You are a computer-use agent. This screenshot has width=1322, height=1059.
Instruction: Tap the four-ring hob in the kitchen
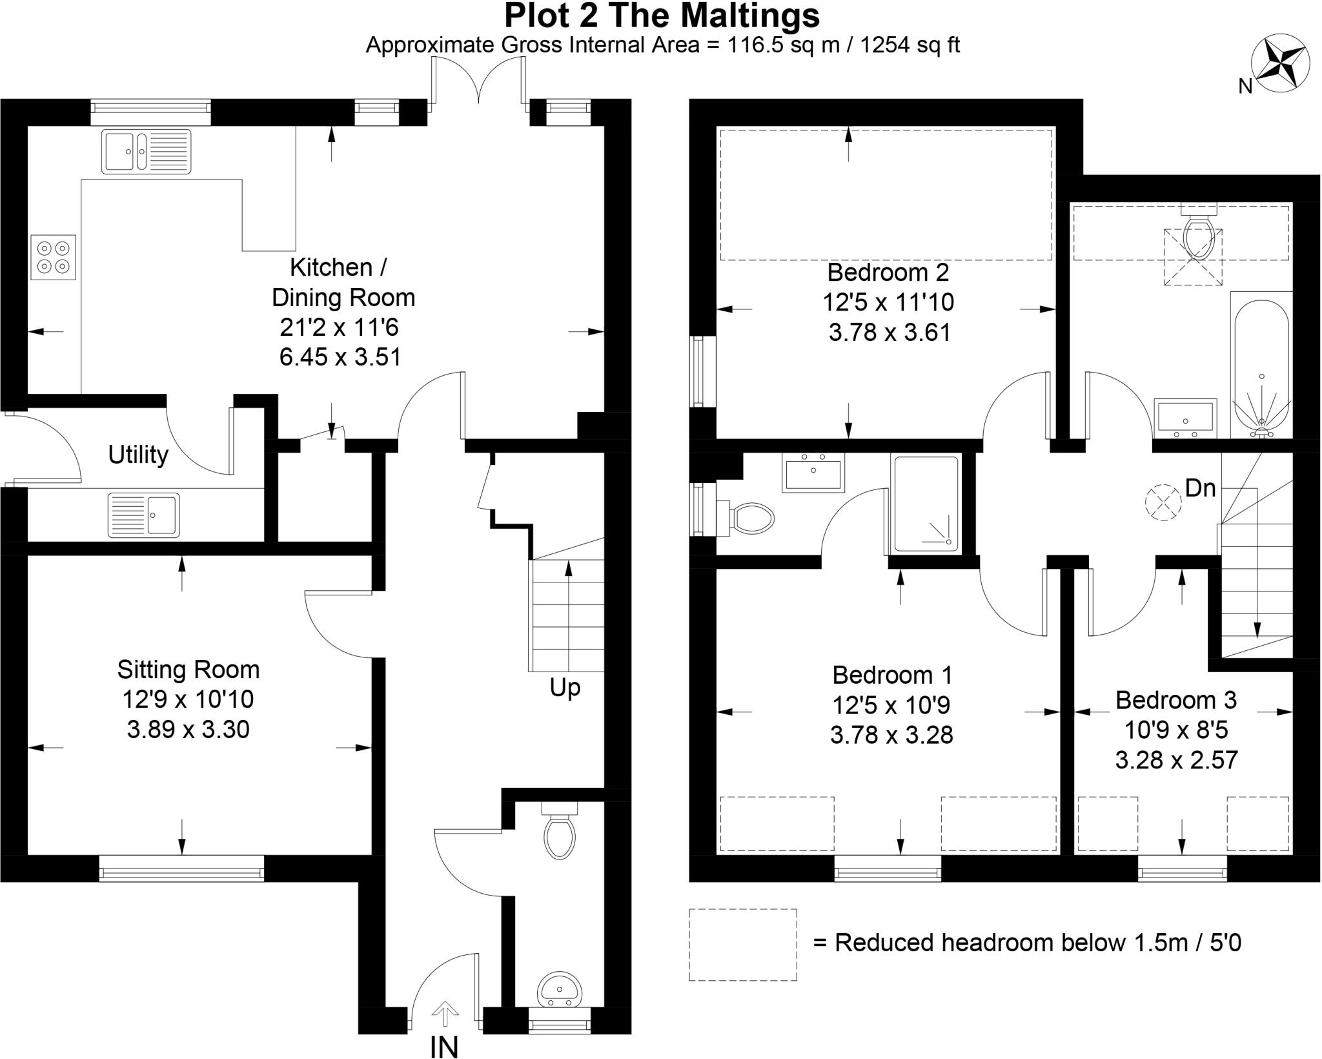pyautogui.click(x=53, y=257)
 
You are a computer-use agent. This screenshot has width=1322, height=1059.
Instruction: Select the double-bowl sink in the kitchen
pyautogui.click(x=146, y=151)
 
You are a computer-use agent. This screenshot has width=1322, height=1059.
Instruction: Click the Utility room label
pyautogui.click(x=137, y=455)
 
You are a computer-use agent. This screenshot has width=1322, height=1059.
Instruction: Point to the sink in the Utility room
pyautogui.click(x=143, y=515)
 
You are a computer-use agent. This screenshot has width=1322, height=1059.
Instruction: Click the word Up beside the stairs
pyautogui.click(x=565, y=688)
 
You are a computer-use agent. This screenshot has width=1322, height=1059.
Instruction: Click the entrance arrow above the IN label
pyautogui.click(x=444, y=1013)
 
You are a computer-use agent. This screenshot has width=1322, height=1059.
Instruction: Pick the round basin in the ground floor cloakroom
pyautogui.click(x=559, y=989)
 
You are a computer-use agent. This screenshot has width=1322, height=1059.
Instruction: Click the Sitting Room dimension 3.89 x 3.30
pyautogui.click(x=188, y=730)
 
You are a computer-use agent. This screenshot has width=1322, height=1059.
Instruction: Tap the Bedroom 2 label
pyautogui.click(x=888, y=272)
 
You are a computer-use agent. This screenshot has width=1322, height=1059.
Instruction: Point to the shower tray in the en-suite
pyautogui.click(x=925, y=504)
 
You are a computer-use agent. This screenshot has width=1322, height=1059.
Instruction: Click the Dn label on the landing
pyautogui.click(x=1200, y=489)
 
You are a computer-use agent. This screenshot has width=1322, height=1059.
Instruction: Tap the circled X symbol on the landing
pyautogui.click(x=1163, y=503)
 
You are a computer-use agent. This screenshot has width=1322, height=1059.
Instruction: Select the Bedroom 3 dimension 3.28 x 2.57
pyautogui.click(x=1176, y=760)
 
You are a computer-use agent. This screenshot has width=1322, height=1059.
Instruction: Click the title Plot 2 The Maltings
pyautogui.click(x=662, y=15)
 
